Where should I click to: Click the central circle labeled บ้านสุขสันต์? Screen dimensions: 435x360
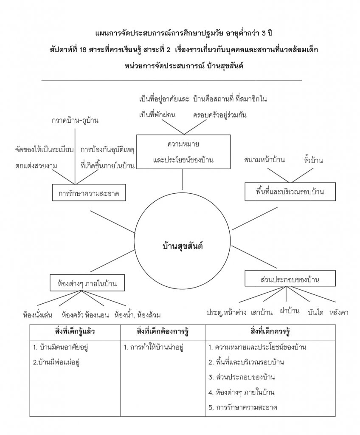click(183, 246)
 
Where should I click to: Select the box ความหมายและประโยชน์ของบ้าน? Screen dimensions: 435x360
click(183, 152)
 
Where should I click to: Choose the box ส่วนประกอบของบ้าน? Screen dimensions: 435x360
click(290, 280)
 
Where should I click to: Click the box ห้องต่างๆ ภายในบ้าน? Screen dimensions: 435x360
click(87, 282)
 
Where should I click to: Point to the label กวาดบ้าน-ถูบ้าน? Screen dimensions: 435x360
click(75, 120)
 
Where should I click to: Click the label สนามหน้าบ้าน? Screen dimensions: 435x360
click(264, 160)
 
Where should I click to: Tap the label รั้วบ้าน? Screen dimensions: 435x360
click(313, 160)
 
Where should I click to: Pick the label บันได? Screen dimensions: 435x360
click(315, 313)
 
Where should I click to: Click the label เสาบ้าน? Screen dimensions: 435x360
click(262, 313)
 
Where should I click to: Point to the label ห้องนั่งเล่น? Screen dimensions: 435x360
click(38, 315)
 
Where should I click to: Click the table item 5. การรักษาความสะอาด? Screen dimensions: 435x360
click(243, 407)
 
